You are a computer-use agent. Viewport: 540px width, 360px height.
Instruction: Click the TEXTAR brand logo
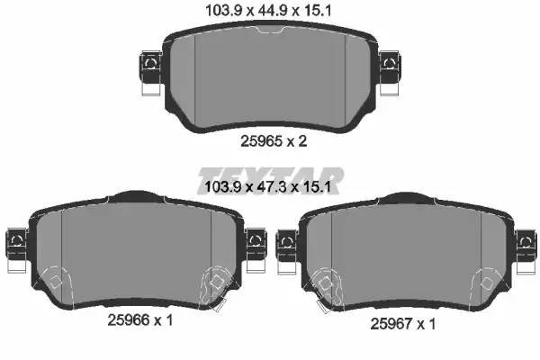pos(269,175)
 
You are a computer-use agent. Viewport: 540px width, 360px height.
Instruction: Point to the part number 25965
pos(259,141)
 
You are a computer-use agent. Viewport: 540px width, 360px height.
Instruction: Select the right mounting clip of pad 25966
pos(254,239)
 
